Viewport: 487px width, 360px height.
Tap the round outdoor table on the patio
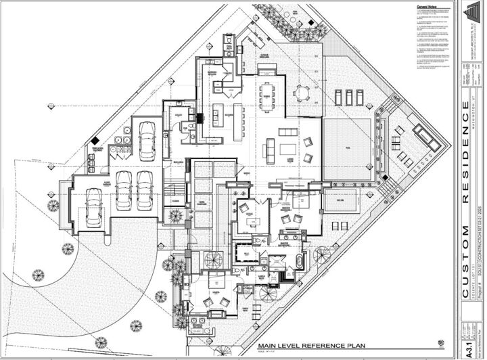[x=300, y=93]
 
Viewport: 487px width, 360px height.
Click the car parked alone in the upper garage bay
[x=147, y=139]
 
